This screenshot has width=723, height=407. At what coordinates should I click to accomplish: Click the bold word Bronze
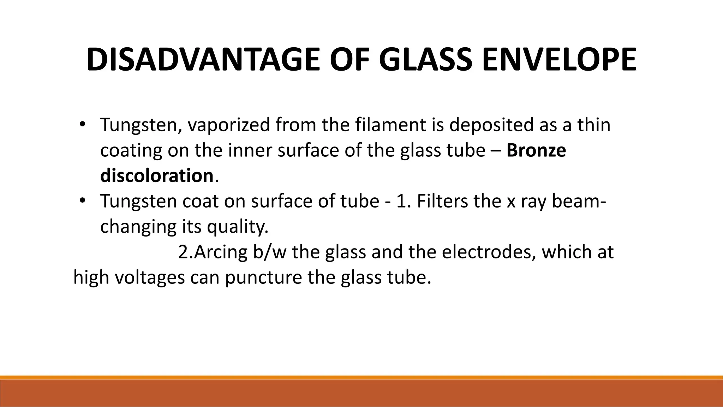click(x=536, y=150)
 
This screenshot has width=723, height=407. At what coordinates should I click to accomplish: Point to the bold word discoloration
click(x=157, y=175)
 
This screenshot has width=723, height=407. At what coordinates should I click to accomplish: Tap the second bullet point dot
click(x=82, y=201)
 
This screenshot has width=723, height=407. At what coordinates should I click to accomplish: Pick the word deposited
click(x=491, y=125)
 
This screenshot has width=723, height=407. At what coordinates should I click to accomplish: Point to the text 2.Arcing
click(x=213, y=252)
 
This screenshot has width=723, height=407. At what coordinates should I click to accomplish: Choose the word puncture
click(x=263, y=278)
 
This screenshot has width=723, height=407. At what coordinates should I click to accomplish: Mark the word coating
click(x=131, y=151)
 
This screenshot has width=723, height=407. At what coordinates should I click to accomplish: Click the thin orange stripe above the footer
click(x=361, y=377)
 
